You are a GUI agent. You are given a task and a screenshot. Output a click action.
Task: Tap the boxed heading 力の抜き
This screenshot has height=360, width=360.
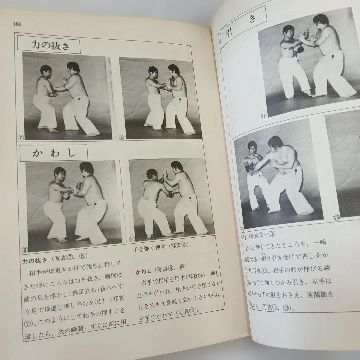(50, 45)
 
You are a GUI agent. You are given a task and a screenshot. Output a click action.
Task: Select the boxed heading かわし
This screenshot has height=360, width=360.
(54, 153)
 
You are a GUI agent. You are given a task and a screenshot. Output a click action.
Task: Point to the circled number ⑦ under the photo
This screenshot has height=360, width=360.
(20, 137)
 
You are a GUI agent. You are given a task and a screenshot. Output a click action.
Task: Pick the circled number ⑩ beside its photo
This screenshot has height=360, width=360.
(132, 239)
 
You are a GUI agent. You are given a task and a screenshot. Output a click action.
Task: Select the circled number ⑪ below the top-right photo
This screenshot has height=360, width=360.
(264, 116)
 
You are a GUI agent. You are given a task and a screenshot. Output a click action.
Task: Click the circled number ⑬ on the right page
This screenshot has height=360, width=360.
(336, 218)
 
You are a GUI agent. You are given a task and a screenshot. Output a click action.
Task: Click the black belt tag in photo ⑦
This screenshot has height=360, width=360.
(80, 99)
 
